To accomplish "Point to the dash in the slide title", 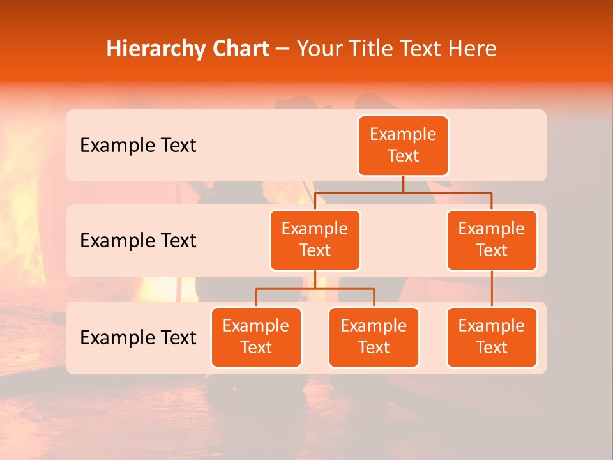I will (x=282, y=49).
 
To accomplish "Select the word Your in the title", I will (x=319, y=49).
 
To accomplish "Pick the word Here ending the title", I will (x=473, y=49).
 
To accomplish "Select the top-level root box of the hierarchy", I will (x=403, y=146).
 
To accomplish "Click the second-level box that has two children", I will (x=315, y=240).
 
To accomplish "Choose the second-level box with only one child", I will (x=492, y=240).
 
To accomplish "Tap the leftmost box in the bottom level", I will (x=256, y=337).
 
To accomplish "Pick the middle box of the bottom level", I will (x=374, y=337).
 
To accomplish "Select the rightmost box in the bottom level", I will (x=492, y=337).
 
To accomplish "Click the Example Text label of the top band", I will (x=138, y=146).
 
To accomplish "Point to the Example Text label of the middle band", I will (x=138, y=241).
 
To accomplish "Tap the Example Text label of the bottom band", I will (x=138, y=338).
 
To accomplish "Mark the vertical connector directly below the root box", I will (x=403, y=184).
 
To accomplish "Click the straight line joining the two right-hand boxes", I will (x=492, y=289).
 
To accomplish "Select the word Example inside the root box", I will (x=403, y=135).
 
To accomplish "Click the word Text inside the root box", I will (x=403, y=157).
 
